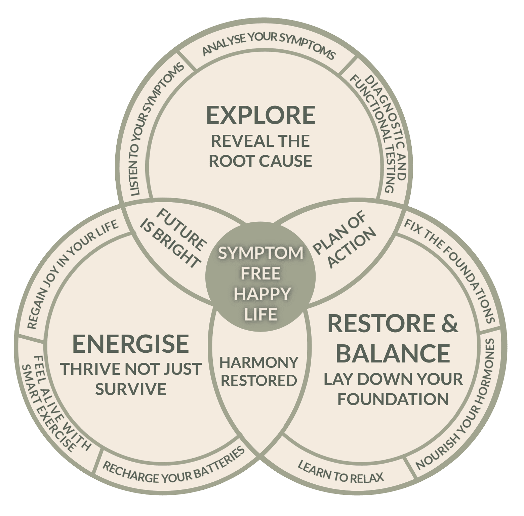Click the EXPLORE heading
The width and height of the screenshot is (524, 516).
260,115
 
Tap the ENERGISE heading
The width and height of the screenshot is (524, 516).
130,343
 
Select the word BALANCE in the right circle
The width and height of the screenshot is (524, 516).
393,353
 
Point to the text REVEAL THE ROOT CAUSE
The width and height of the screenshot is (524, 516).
260,151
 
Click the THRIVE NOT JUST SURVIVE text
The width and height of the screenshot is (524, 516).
131,379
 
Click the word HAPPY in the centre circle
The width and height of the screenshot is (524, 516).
262,294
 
